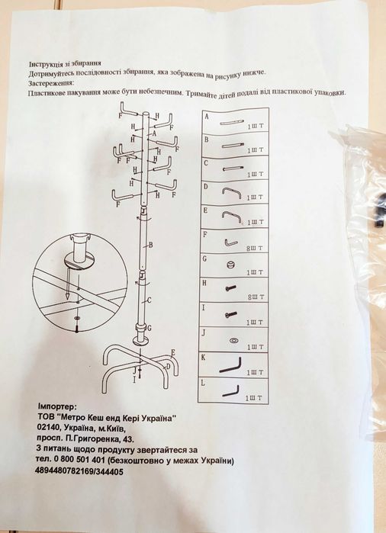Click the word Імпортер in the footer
click(x=58, y=406)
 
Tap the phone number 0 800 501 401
click(x=77, y=461)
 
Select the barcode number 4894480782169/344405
click(x=79, y=472)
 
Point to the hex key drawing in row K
click(x=230, y=365)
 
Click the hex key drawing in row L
click(x=230, y=391)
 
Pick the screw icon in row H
click(x=230, y=288)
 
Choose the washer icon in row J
click(x=234, y=340)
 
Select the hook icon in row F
click(x=230, y=242)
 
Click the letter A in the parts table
click(x=207, y=116)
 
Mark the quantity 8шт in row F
click(x=255, y=248)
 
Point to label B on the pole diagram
click(x=150, y=245)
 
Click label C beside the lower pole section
click(x=149, y=300)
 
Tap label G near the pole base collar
click(x=149, y=328)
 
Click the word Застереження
click(x=51, y=83)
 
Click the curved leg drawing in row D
click(x=231, y=193)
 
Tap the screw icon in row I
click(x=231, y=314)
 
